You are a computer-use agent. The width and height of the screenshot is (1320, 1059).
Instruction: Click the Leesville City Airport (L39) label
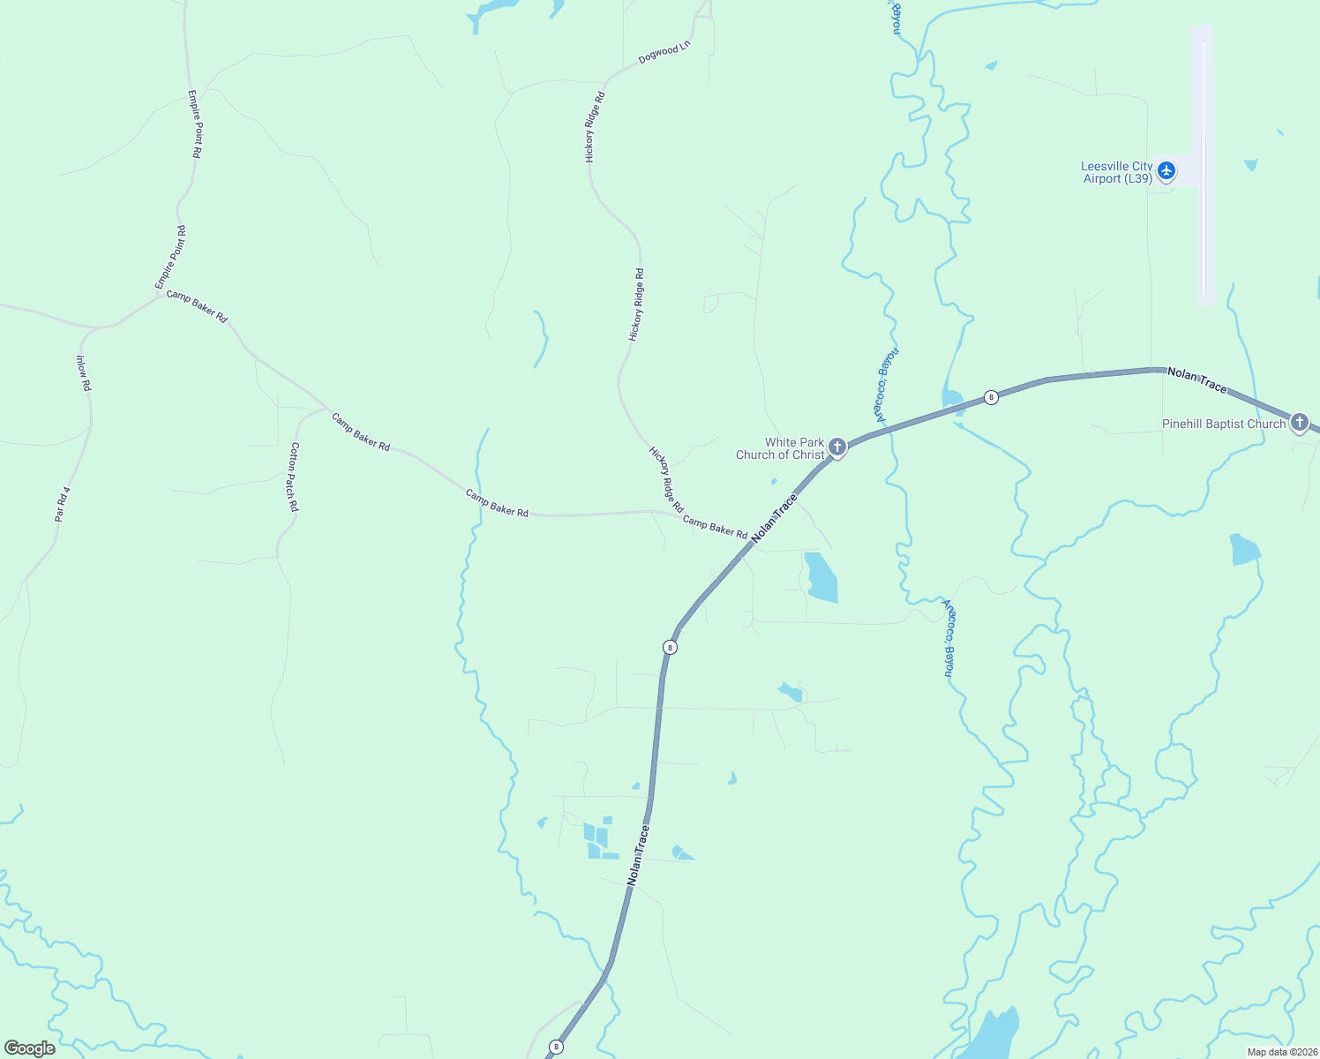[1117, 172]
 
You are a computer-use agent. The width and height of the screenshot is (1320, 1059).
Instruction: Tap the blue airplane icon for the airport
[1166, 170]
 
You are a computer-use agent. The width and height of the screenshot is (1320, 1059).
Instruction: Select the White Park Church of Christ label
[781, 448]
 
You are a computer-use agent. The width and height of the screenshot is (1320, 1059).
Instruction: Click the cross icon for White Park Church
[837, 447]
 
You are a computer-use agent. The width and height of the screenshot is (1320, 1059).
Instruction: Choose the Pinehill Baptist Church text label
[1223, 424]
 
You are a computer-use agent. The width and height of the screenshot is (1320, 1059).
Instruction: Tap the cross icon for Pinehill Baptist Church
[1299, 423]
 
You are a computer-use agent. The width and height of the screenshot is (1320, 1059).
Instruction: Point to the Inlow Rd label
[84, 373]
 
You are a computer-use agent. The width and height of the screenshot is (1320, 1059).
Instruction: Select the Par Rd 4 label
[62, 503]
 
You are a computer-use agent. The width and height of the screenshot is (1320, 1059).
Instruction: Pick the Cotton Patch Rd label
[294, 477]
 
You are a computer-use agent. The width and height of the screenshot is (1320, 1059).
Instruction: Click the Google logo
[29, 1048]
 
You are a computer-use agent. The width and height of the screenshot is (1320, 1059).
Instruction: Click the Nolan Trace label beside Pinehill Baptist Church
[1196, 380]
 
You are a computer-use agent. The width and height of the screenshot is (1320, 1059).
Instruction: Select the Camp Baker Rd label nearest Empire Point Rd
[197, 306]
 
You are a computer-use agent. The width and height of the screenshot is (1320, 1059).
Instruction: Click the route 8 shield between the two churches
[991, 397]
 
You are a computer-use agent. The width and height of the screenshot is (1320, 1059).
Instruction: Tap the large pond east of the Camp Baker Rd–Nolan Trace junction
[821, 578]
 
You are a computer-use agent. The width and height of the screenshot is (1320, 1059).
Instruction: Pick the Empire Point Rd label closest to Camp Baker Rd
[170, 258]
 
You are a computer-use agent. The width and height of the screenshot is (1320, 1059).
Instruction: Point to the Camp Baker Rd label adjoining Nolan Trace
[715, 528]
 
